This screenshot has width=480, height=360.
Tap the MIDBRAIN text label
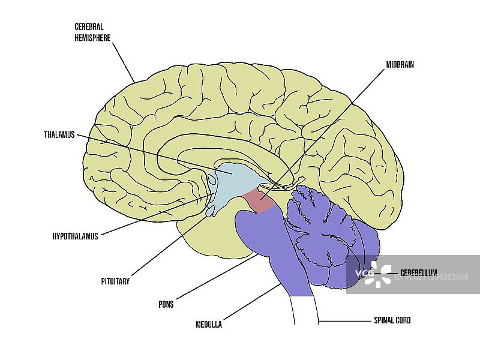click(400, 64)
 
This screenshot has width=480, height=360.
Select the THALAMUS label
click(59, 134)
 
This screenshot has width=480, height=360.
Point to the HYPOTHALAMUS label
click(75, 236)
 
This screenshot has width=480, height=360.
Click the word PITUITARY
click(115, 280)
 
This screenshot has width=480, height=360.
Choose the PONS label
click(166, 304)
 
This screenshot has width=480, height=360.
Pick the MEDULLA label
click(209, 325)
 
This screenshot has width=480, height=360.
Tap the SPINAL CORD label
click(391, 320)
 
